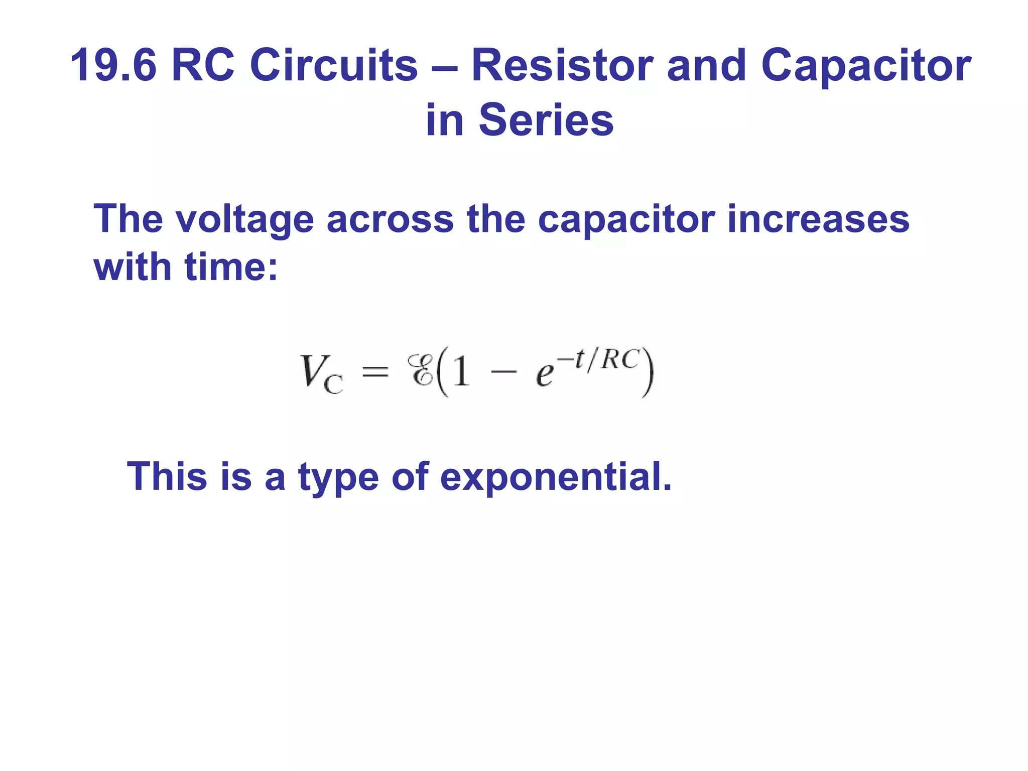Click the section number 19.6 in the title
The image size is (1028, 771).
coord(113,65)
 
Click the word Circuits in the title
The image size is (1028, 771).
coord(333,65)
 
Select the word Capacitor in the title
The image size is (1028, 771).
coord(866,65)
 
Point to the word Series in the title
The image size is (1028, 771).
coord(546,120)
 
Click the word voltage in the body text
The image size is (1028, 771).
coord(244,220)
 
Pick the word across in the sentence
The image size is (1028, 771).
coord(390,220)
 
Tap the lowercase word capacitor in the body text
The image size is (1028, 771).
coord(626,220)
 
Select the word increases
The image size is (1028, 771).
coord(818,220)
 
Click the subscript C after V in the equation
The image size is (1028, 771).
coord(334,384)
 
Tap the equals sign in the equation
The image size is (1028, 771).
coord(375,372)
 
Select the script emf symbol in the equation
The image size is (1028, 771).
coord(421,370)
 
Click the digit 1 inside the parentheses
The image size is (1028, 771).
coord(461,371)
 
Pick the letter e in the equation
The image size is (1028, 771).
coord(545,375)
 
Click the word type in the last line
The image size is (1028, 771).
coord(339,477)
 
